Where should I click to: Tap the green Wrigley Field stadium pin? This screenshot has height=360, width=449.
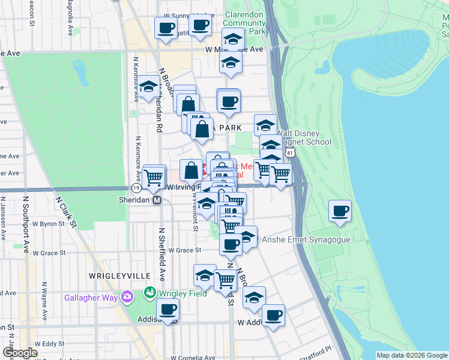tap(149, 293)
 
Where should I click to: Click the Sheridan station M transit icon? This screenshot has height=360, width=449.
tap(157, 200)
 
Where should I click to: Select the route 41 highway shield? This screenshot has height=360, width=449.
tap(291, 154)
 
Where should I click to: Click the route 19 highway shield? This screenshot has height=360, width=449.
tap(136, 188)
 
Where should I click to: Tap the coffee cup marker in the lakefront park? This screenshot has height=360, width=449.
tap(340, 211)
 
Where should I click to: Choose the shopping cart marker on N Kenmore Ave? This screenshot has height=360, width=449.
tap(154, 176)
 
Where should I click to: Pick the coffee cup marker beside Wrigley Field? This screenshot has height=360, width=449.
tap(167, 310)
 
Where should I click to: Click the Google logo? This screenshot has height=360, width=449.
tap(20, 353)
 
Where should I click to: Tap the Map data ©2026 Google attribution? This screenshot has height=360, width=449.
tap(412, 355)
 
